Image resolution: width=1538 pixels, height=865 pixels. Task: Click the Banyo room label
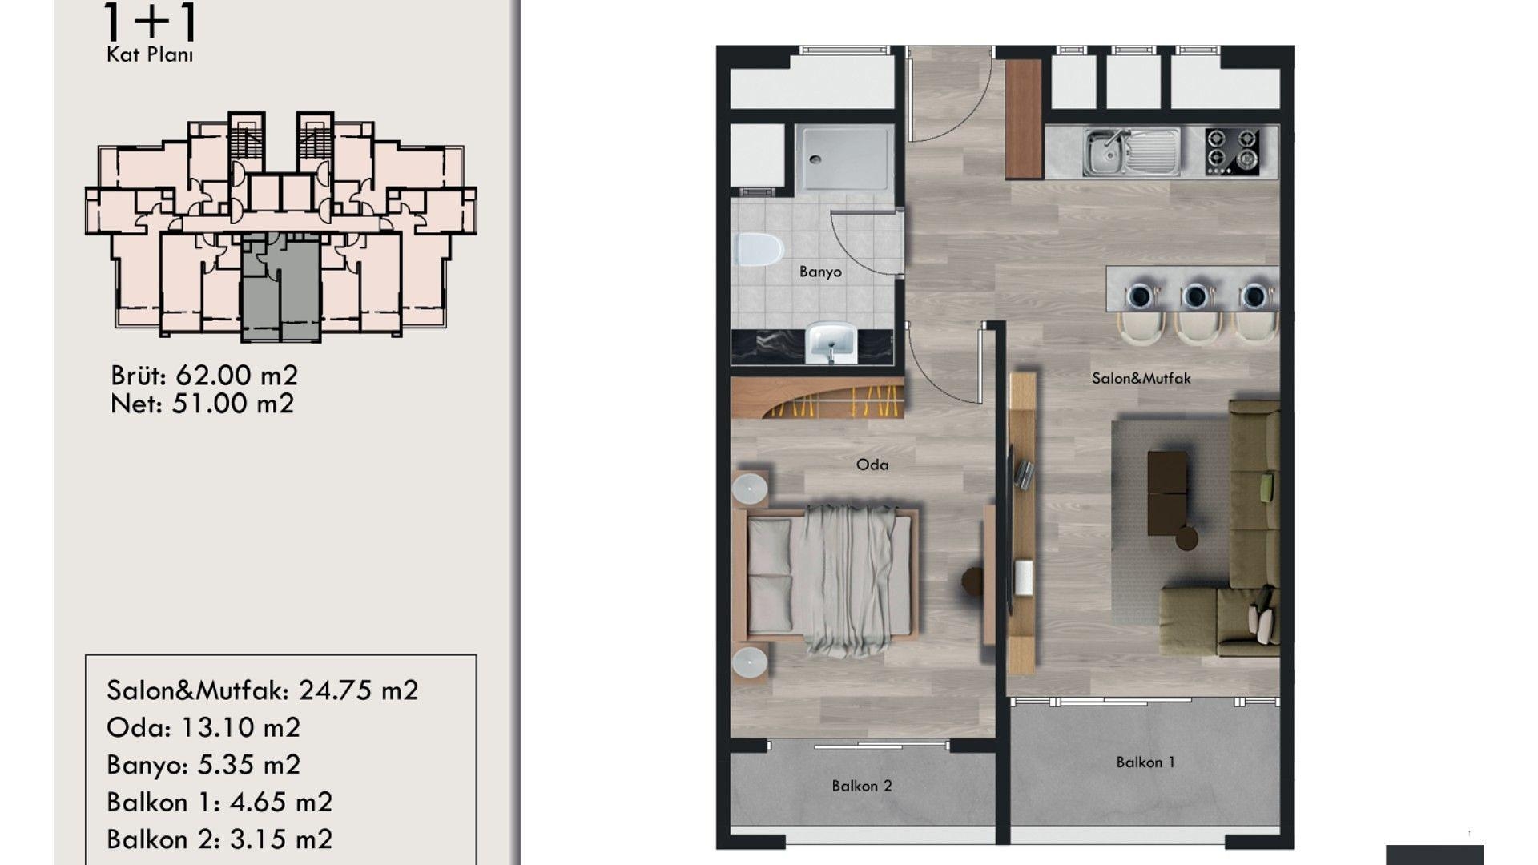(820, 272)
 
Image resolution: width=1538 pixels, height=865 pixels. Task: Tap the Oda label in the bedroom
(872, 465)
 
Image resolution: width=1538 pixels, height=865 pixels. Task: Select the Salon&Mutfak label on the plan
(1141, 378)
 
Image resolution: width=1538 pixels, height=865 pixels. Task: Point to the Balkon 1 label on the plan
(1145, 762)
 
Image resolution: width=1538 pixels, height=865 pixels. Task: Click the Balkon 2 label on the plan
(862, 786)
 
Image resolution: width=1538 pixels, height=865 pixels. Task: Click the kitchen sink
(1131, 151)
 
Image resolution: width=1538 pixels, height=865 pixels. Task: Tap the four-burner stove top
(1233, 151)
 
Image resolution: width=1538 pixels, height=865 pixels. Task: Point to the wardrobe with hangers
(818, 397)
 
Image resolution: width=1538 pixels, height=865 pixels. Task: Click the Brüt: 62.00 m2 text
(204, 375)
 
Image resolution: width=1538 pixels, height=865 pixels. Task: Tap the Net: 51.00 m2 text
(203, 404)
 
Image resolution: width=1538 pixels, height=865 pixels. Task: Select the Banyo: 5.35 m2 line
(203, 765)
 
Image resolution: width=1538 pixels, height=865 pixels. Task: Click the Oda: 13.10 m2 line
(203, 727)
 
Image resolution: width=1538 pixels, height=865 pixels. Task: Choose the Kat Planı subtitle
(150, 55)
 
